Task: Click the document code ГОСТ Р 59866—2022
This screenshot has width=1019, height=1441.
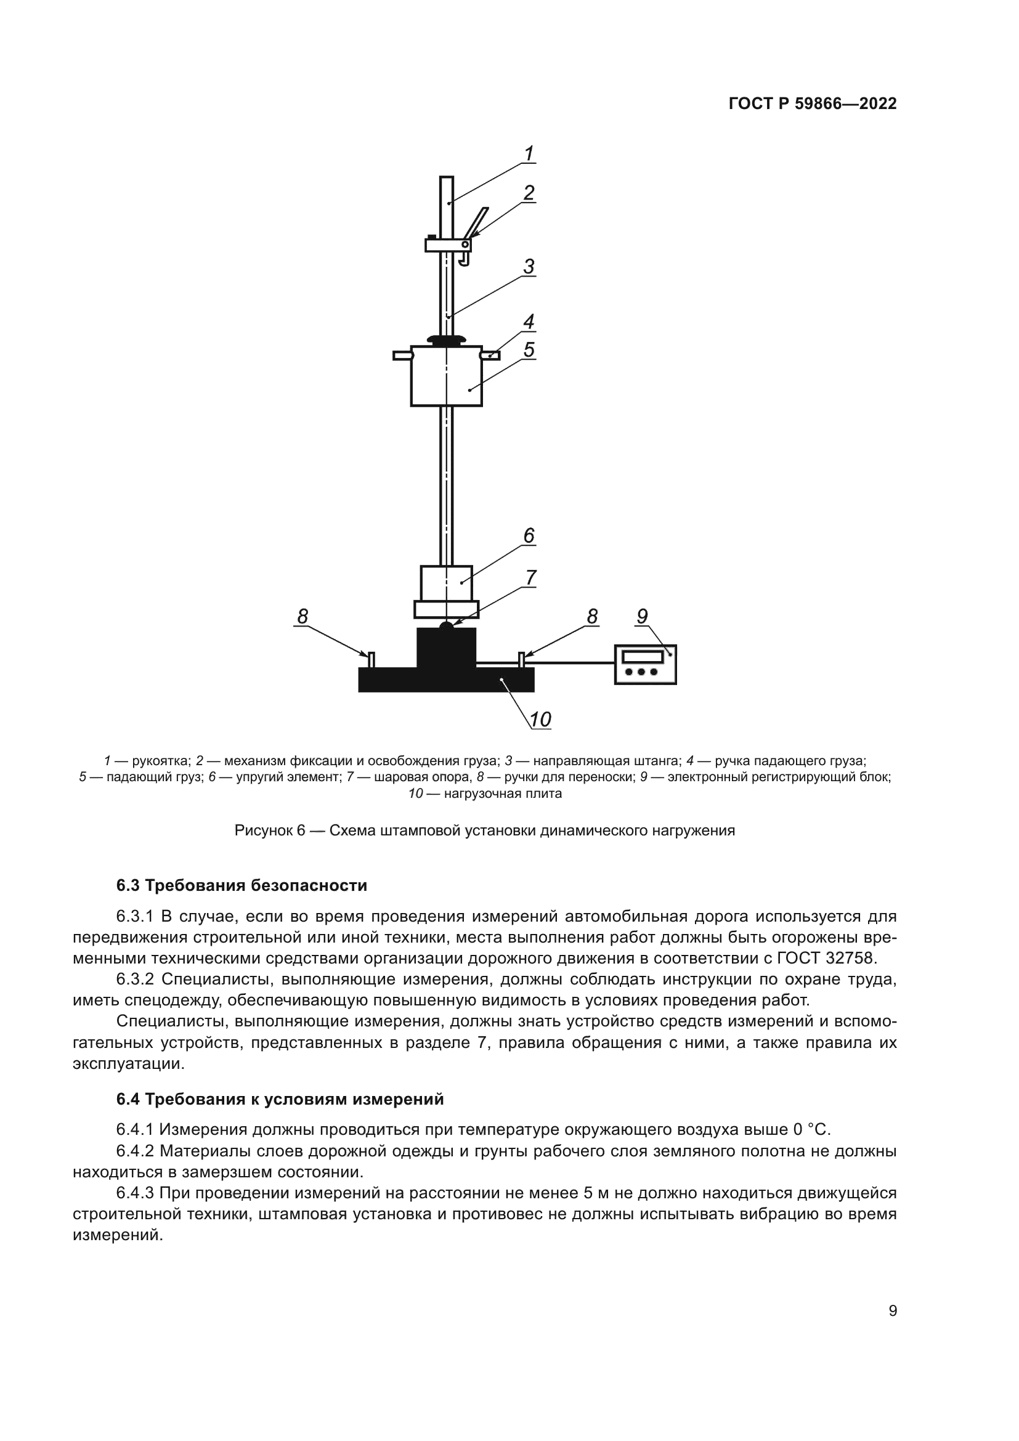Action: (x=813, y=104)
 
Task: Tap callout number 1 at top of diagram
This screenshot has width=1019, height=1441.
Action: (x=529, y=153)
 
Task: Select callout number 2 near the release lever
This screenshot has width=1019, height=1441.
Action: (x=529, y=193)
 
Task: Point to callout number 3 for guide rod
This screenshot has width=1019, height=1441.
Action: (x=529, y=267)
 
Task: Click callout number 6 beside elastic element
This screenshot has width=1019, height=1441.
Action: (x=529, y=535)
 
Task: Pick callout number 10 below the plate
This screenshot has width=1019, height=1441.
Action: (x=540, y=719)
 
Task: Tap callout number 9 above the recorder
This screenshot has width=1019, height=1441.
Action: (x=642, y=616)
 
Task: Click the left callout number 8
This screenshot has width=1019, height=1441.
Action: (x=302, y=616)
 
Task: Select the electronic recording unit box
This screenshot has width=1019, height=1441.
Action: (x=645, y=664)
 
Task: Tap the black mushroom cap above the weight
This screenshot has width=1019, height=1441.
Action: (x=446, y=340)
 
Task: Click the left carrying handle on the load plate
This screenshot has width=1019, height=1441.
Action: (x=371, y=660)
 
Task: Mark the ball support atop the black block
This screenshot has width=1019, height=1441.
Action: (x=446, y=626)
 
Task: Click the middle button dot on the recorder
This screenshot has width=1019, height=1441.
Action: (x=641, y=672)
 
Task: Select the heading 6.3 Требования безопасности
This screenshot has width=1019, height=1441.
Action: (x=242, y=885)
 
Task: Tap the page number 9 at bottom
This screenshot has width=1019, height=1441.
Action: (x=893, y=1311)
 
